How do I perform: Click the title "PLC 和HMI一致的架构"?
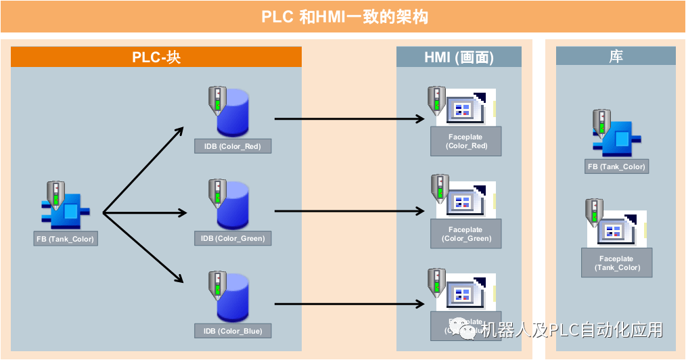tap(343, 17)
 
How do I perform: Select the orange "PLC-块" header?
tap(156, 58)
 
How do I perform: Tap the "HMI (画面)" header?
tap(459, 58)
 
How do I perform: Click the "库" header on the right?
tap(616, 58)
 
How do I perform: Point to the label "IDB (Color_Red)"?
tap(232, 146)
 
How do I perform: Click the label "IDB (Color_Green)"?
tap(232, 238)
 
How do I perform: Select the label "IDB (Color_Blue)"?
tap(232, 331)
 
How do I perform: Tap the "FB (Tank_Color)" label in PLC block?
tap(65, 239)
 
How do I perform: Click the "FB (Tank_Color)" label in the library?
tap(616, 166)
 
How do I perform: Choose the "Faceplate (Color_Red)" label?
tap(465, 141)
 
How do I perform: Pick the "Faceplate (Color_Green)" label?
tap(465, 234)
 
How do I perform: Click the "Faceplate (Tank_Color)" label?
tap(616, 263)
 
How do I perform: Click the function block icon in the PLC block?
tap(65, 210)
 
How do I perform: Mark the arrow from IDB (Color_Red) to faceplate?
tap(348, 119)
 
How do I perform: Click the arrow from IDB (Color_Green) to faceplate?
tap(348, 212)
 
